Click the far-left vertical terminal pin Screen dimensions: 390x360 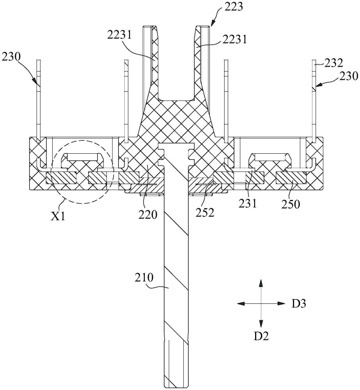[x=39, y=101]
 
